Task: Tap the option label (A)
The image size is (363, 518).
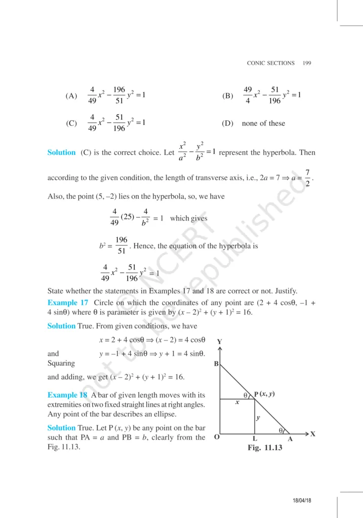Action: (71, 96)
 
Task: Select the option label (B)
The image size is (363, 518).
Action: (227, 96)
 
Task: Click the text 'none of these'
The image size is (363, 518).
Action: (263, 123)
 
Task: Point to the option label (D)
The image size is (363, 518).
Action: (227, 123)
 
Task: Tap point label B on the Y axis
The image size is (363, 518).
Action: (216, 364)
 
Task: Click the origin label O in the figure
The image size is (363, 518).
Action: (217, 438)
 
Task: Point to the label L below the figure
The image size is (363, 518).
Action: (255, 439)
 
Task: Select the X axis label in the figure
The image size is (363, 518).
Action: (313, 434)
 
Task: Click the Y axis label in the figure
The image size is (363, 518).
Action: (220, 341)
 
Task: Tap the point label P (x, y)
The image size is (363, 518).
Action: (264, 394)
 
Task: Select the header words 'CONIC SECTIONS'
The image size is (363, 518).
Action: (270, 63)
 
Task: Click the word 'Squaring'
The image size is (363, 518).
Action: (61, 363)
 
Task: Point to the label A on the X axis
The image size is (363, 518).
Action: (290, 439)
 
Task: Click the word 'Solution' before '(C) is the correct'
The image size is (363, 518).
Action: (61, 152)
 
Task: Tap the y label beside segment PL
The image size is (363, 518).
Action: (258, 418)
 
